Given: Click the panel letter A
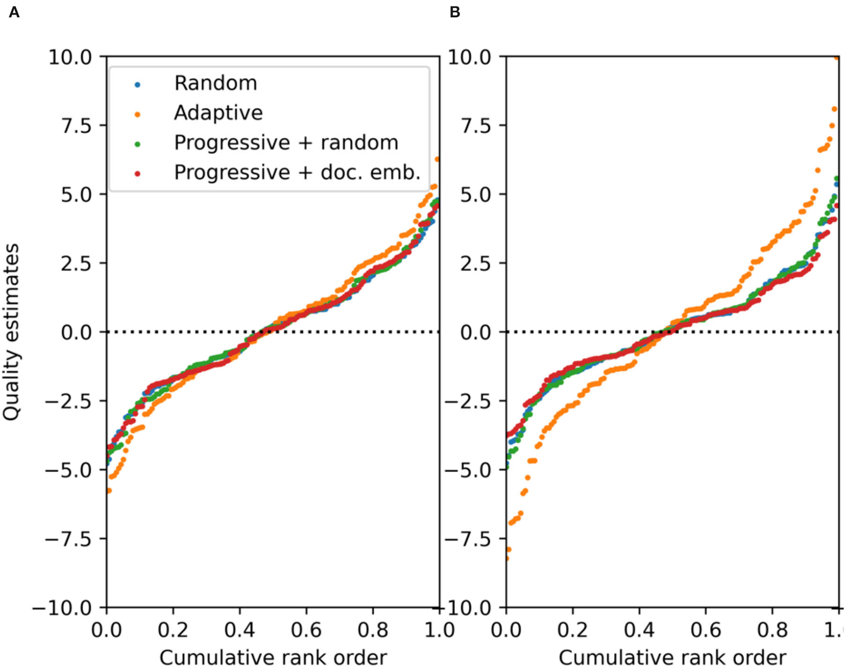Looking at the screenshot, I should click(x=14, y=12).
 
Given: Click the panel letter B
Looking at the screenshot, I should click(x=455, y=12).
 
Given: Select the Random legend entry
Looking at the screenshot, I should click(x=215, y=83).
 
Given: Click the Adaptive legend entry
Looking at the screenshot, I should click(x=218, y=113).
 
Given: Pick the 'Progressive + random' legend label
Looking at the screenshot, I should click(x=286, y=143).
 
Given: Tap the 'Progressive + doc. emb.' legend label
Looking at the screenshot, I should click(x=297, y=172).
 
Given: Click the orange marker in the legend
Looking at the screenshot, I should click(x=137, y=114).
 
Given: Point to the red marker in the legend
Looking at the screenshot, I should click(x=137, y=174).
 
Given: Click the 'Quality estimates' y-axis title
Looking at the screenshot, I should click(x=11, y=332).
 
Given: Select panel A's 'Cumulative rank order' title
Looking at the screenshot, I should click(x=273, y=658).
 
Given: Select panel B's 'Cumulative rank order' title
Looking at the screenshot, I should click(x=672, y=658).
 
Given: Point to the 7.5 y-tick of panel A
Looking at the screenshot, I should click(x=76, y=126).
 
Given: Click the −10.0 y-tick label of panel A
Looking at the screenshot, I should click(x=62, y=608).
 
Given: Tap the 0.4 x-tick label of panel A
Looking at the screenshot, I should click(x=239, y=630).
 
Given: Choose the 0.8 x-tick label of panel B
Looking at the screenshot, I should click(x=772, y=630).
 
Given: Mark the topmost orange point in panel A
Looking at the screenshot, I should click(x=437, y=159).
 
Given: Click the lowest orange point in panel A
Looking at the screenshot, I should click(x=109, y=491).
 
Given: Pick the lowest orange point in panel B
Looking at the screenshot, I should click(x=507, y=558).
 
